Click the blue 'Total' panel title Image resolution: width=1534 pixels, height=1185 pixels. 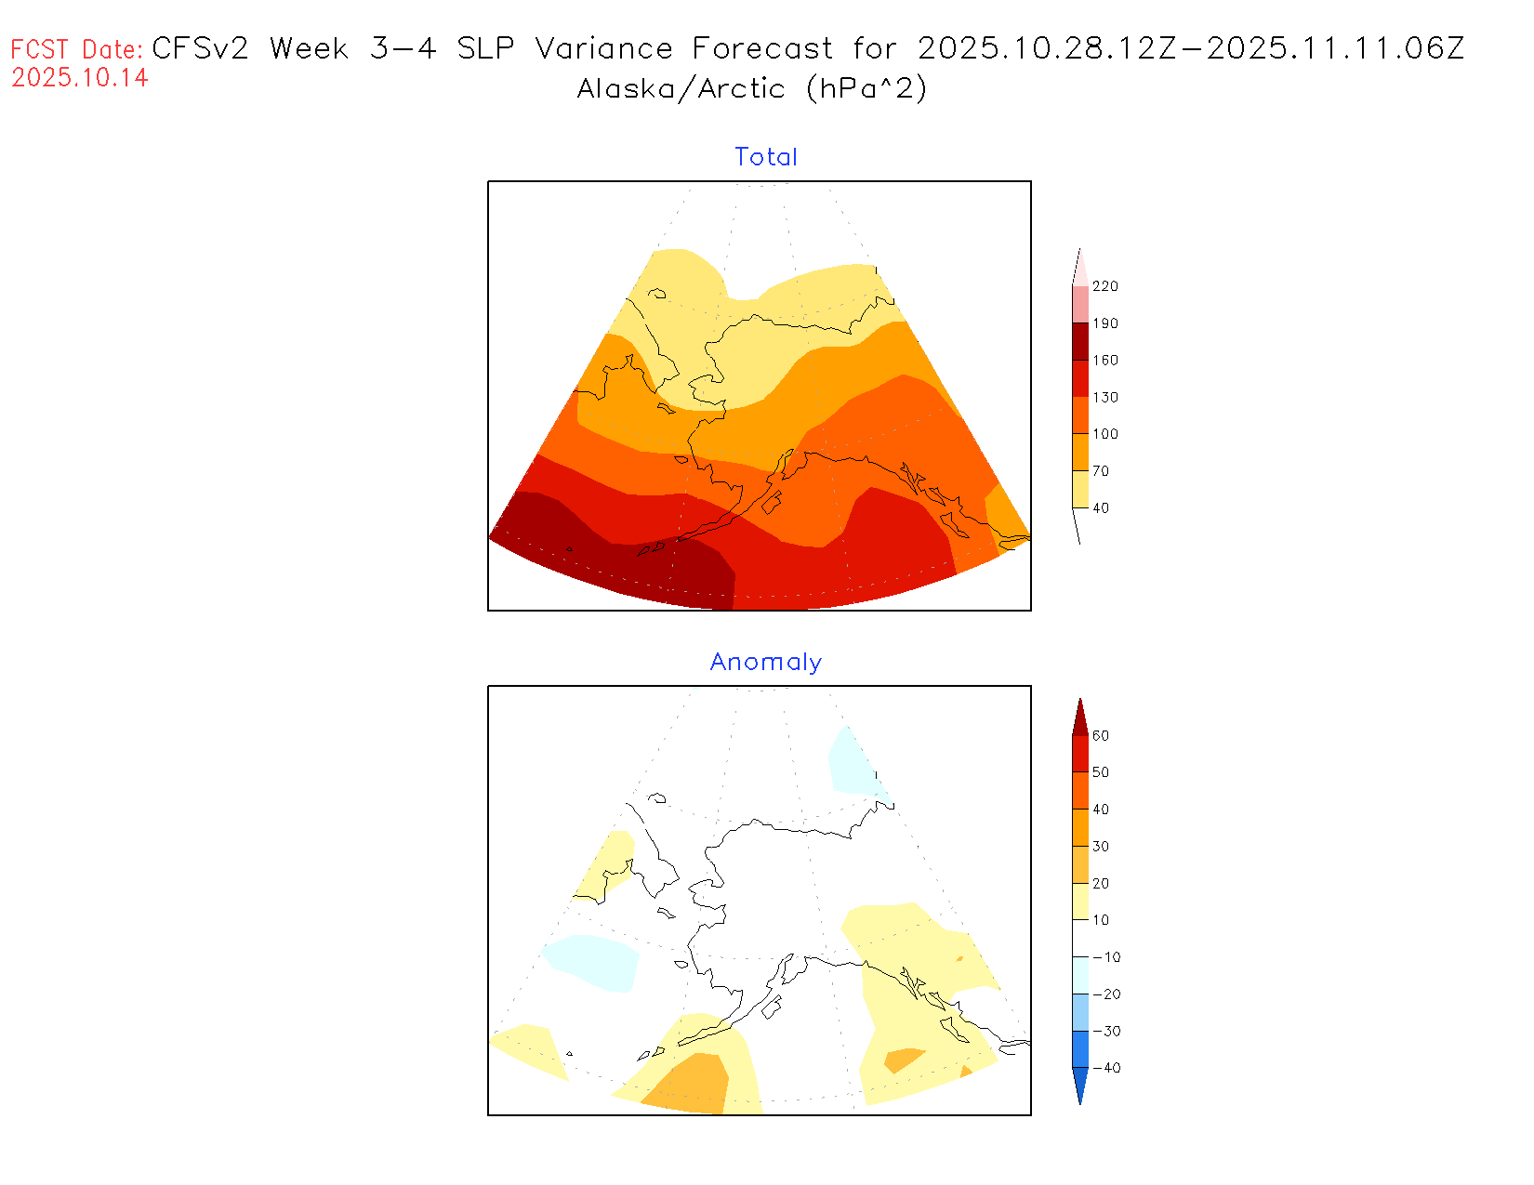pyautogui.click(x=765, y=157)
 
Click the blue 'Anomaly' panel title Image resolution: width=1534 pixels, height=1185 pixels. pyautogui.click(x=765, y=662)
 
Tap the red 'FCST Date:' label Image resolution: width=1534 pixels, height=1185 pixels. pyautogui.click(x=77, y=49)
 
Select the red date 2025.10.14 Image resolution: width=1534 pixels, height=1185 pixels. pyautogui.click(x=80, y=77)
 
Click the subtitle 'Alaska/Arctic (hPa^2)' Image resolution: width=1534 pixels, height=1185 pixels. pyautogui.click(x=751, y=88)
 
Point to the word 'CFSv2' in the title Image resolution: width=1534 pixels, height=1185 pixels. pyautogui.click(x=200, y=48)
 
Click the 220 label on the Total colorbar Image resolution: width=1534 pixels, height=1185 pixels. pyautogui.click(x=1104, y=286)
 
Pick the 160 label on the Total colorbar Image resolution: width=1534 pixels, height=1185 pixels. pyautogui.click(x=1104, y=361)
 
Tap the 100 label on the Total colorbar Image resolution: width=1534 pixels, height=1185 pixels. pyautogui.click(x=1104, y=434)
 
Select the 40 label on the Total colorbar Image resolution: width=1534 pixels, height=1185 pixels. pyautogui.click(x=1101, y=507)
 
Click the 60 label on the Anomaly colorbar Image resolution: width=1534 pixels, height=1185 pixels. pyautogui.click(x=1101, y=735)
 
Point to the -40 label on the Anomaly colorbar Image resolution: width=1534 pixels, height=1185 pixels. pyautogui.click(x=1106, y=1068)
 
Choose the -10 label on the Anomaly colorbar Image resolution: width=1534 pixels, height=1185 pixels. pyautogui.click(x=1106, y=957)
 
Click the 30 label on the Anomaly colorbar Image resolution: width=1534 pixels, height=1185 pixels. pyautogui.click(x=1101, y=847)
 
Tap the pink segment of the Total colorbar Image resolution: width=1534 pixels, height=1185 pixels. pyautogui.click(x=1079, y=304)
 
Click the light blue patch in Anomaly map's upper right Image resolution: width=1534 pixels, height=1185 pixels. pyautogui.click(x=853, y=762)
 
